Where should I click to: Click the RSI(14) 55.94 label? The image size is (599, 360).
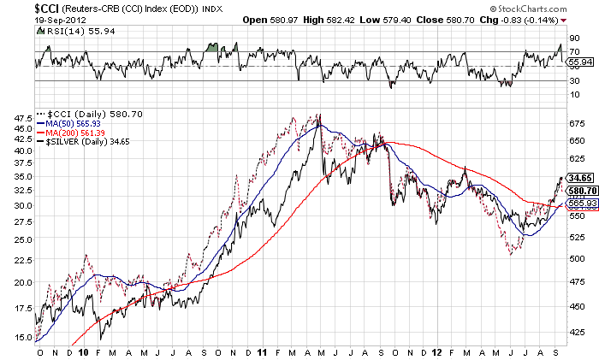pos(71,31)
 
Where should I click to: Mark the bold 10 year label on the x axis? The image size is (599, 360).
pos(83,351)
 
